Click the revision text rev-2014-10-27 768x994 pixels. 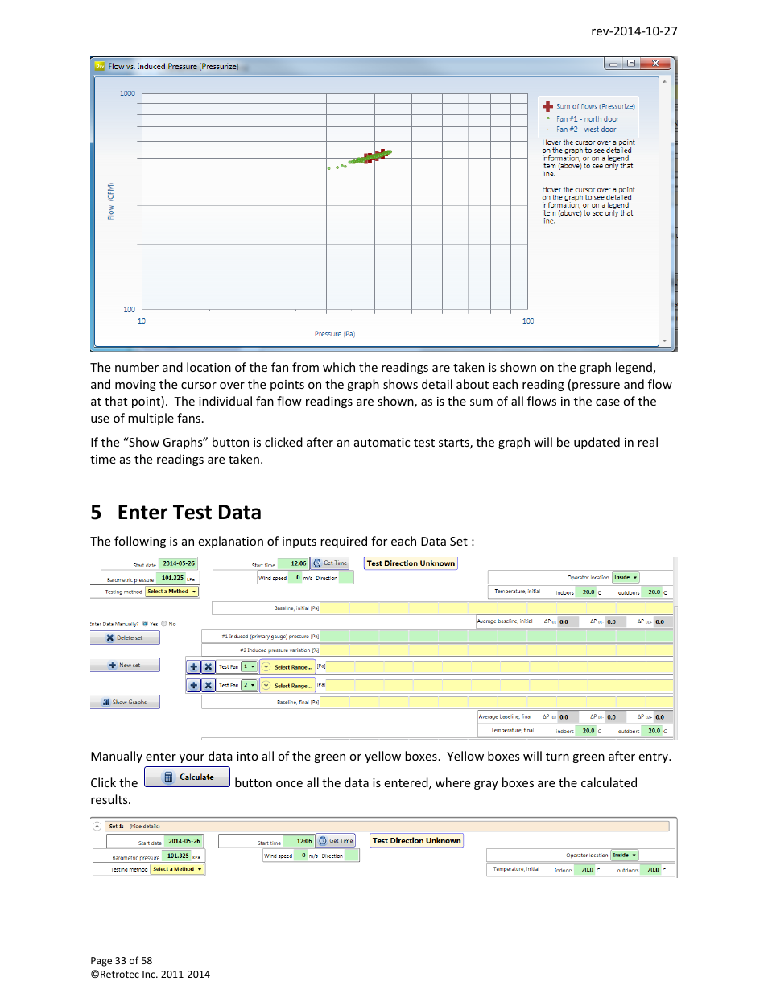(x=634, y=31)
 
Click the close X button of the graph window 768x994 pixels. (x=655, y=64)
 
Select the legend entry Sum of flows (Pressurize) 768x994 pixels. (x=595, y=106)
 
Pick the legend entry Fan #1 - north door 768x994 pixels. (x=587, y=119)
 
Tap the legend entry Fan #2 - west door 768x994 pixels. (x=585, y=130)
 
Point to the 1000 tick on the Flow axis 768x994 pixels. (x=127, y=93)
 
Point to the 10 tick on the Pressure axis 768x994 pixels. (x=142, y=321)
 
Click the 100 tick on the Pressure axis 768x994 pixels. (x=528, y=321)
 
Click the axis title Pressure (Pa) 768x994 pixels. (x=334, y=334)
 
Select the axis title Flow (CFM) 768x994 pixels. (x=111, y=201)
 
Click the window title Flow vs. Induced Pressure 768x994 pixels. (x=172, y=67)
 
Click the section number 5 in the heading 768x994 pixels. (x=96, y=513)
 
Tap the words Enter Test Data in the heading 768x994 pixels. (x=189, y=513)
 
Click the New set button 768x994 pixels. (x=125, y=666)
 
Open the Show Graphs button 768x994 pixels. (x=125, y=703)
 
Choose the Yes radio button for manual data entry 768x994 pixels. (x=145, y=624)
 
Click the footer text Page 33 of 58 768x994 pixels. (x=121, y=960)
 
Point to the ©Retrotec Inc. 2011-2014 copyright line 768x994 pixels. (x=150, y=974)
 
